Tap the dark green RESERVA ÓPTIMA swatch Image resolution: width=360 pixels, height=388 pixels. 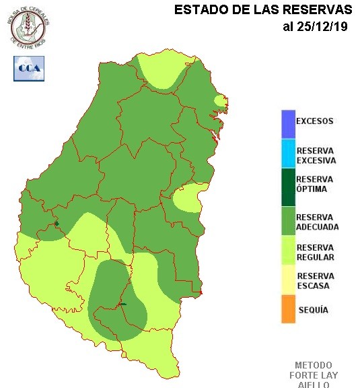click(x=288, y=184)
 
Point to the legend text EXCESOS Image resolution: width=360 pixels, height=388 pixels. click(x=315, y=121)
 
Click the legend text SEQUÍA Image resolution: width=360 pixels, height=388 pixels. click(x=312, y=310)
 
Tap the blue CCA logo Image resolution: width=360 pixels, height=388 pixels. click(x=29, y=68)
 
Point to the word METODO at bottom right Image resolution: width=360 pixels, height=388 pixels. click(x=314, y=364)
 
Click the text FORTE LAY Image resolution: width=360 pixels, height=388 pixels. click(x=314, y=375)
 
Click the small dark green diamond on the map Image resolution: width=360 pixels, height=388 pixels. click(x=57, y=224)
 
